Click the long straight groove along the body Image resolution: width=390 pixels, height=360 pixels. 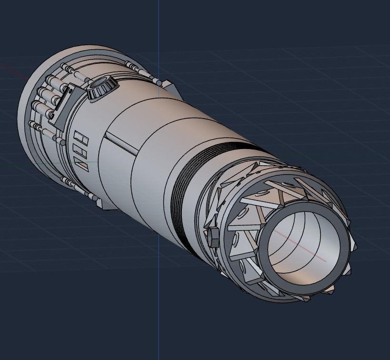pyautogui.click(x=122, y=143)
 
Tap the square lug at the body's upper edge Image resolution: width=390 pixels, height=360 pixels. pyautogui.click(x=169, y=86)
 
